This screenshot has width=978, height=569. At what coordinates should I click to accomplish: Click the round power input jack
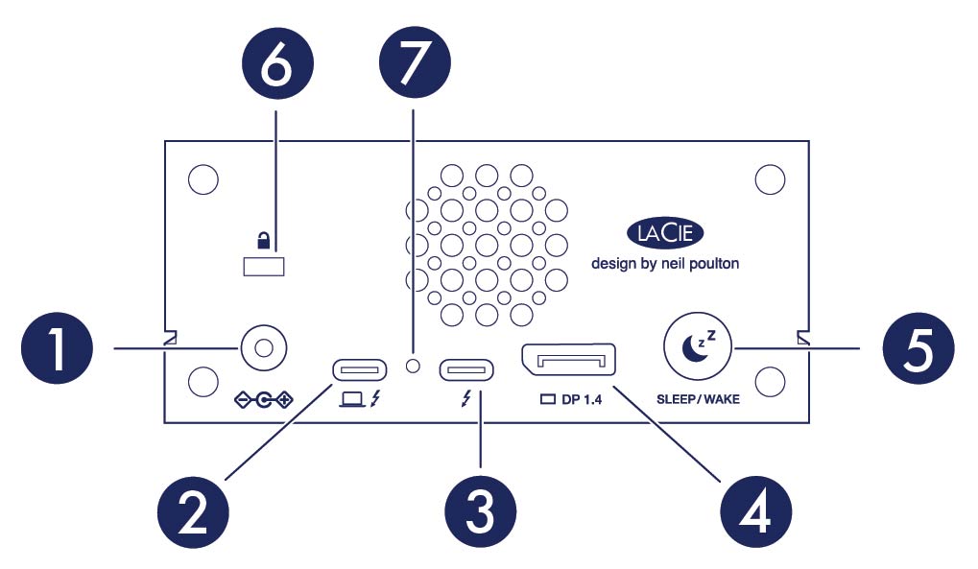click(x=264, y=347)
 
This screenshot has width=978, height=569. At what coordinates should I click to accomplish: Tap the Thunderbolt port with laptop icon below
click(x=359, y=369)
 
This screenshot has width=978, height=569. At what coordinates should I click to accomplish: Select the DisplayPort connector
click(x=567, y=363)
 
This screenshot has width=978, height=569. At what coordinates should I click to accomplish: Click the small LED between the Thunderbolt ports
click(x=414, y=366)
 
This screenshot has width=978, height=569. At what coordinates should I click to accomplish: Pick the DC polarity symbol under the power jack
click(x=265, y=397)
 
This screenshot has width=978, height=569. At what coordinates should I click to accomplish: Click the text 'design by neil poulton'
click(x=664, y=263)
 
